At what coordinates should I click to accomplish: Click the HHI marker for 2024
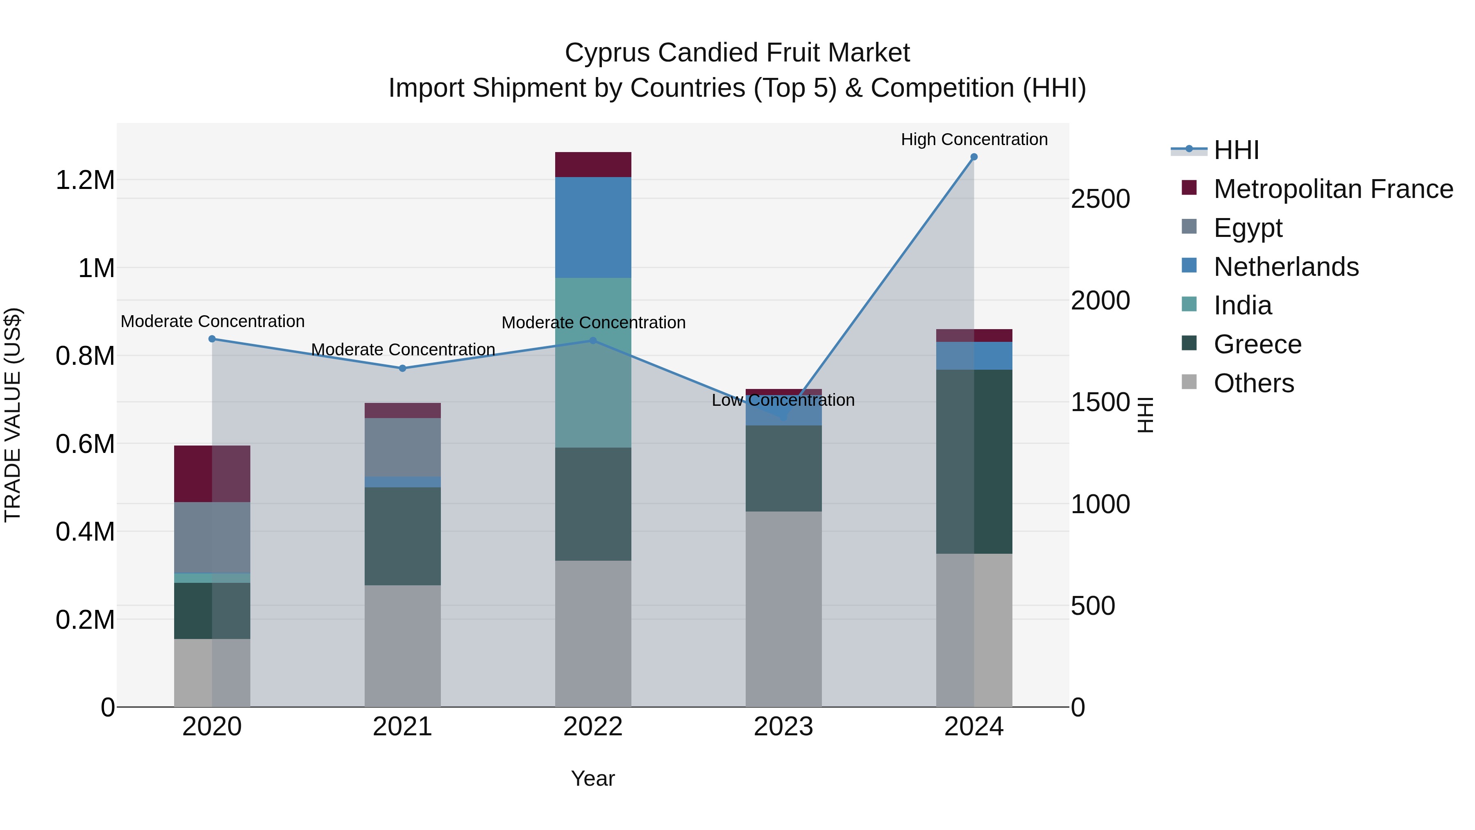[x=974, y=157]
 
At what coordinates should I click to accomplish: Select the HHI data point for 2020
[x=212, y=339]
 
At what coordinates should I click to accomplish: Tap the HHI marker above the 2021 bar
[x=402, y=368]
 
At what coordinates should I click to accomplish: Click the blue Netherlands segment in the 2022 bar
[x=593, y=227]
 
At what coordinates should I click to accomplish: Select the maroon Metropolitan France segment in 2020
[x=212, y=474]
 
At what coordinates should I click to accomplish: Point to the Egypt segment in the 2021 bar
[x=402, y=447]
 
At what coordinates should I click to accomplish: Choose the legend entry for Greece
[x=1257, y=345]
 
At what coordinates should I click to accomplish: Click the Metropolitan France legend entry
[x=1333, y=189]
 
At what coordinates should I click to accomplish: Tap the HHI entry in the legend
[x=1236, y=150]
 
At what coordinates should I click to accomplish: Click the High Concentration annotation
[x=974, y=139]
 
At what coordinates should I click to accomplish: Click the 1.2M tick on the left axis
[x=85, y=180]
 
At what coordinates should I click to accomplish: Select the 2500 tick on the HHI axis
[x=1100, y=199]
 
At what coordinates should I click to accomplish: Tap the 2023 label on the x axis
[x=783, y=727]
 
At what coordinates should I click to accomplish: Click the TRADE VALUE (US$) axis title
[x=13, y=415]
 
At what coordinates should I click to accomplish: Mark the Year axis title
[x=592, y=778]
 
